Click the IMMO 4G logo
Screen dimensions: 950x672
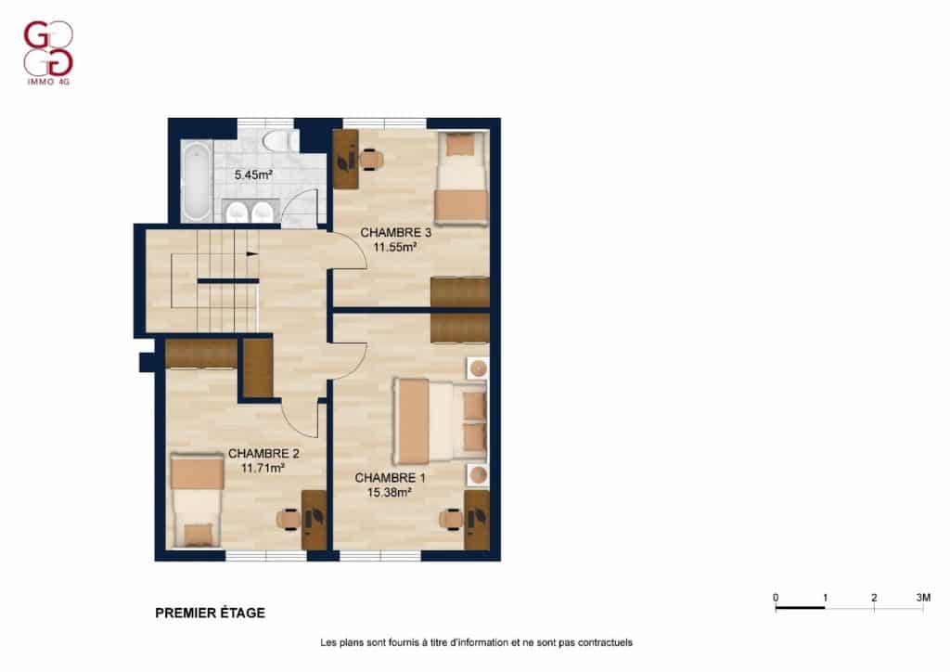(48, 53)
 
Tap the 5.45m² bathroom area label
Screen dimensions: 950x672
(253, 175)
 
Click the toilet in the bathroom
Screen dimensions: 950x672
(280, 140)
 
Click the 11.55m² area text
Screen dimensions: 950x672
(394, 247)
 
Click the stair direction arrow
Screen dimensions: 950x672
(252, 254)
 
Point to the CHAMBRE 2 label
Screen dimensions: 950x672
(263, 453)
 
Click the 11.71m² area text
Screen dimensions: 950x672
(263, 469)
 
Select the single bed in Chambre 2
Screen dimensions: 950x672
(197, 501)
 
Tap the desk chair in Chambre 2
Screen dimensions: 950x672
(289, 519)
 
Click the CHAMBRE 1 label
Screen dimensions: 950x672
(390, 478)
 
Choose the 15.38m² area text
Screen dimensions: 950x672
(390, 493)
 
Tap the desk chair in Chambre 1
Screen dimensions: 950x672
(452, 519)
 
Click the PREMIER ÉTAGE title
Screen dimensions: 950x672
(211, 613)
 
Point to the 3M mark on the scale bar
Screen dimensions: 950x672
(923, 598)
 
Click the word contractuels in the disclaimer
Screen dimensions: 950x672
(605, 642)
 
